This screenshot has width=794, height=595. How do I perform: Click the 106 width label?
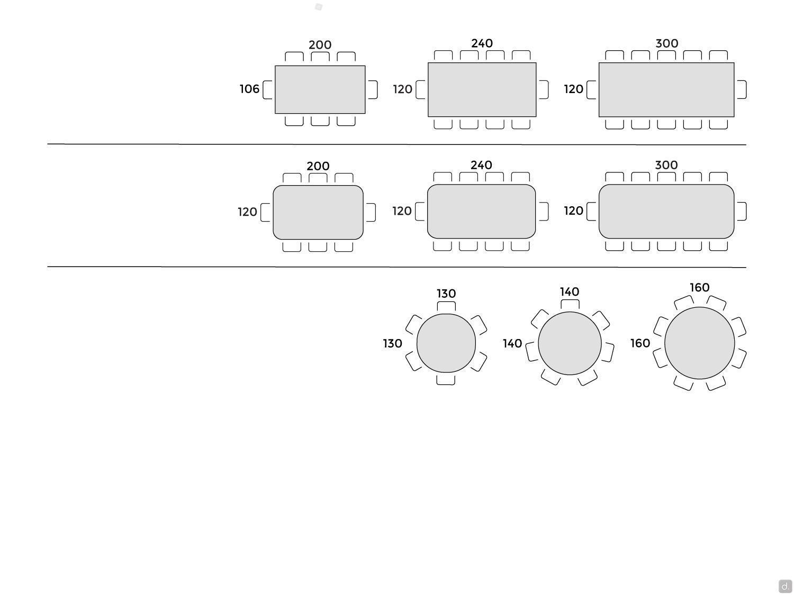coord(249,89)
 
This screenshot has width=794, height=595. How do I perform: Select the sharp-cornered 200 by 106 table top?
coord(320,89)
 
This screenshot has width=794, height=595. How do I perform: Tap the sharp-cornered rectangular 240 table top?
coord(482,89)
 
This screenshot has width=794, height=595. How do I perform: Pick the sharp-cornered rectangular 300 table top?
coord(666,89)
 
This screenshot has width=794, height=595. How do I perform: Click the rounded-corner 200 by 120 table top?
coord(318,212)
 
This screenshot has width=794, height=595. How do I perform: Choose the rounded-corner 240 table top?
coord(481,212)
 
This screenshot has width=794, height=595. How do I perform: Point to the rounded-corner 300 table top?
coord(666,212)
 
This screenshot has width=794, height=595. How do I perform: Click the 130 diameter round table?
coord(446,343)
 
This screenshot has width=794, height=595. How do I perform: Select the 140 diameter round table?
coord(570,343)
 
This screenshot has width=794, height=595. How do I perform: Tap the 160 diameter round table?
coord(699,343)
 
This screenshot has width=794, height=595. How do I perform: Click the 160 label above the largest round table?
coord(699,288)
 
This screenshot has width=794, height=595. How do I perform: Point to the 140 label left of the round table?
coord(512,343)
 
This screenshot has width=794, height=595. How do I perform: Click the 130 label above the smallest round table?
coord(446,294)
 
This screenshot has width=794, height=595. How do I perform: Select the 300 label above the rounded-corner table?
coord(666,165)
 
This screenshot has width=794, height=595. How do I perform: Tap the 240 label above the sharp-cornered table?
coord(482,43)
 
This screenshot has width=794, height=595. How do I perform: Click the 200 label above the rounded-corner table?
coord(318,166)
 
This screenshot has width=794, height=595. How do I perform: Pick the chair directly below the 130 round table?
coord(446,380)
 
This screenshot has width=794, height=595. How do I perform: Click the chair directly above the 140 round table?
coord(570,304)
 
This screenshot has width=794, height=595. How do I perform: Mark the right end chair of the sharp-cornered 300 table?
coord(742,89)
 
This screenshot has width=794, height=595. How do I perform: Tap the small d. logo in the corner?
coord(785,586)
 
